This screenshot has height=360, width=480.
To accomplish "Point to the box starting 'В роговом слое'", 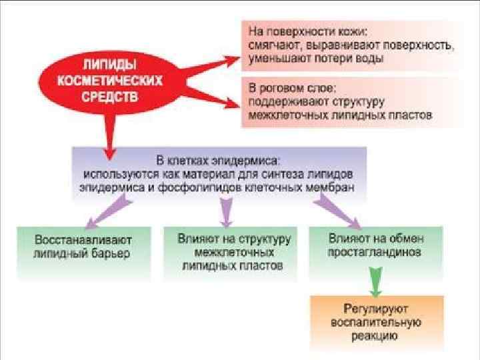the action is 352,101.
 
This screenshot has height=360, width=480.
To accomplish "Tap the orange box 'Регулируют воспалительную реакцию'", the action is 376,323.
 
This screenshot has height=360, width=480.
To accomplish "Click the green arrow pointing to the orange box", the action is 376,279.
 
